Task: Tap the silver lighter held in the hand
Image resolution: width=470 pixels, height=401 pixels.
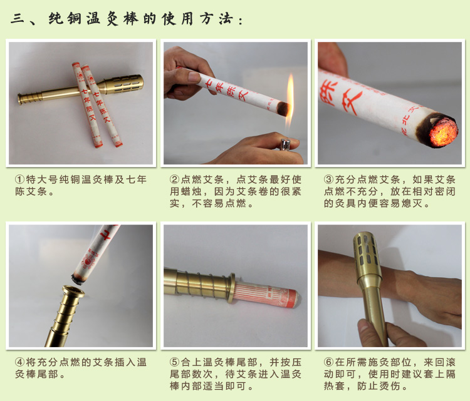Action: pyautogui.click(x=285, y=145)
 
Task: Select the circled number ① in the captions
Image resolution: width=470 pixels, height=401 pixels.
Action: pyautogui.click(x=20, y=180)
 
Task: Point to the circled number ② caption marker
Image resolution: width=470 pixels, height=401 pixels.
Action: pyautogui.click(x=174, y=180)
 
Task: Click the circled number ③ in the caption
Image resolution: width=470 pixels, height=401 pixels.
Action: pyautogui.click(x=329, y=180)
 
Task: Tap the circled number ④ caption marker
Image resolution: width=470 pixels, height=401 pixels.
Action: pyautogui.click(x=20, y=362)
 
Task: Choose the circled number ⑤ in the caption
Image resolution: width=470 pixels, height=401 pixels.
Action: pyautogui.click(x=174, y=362)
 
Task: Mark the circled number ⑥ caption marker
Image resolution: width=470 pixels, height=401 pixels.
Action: pyautogui.click(x=329, y=362)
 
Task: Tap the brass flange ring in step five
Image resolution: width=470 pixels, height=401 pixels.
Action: pyautogui.click(x=231, y=288)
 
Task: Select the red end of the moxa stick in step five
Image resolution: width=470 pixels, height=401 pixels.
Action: pyautogui.click(x=291, y=298)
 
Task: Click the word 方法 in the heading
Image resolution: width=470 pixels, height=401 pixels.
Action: pyautogui.click(x=216, y=19)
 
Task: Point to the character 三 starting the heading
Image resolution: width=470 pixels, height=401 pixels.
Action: pyautogui.click(x=18, y=19)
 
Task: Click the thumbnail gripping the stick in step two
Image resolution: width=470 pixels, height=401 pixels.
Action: pyautogui.click(x=194, y=77)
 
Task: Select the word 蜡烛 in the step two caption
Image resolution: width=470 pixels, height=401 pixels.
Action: pyautogui.click(x=191, y=191)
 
